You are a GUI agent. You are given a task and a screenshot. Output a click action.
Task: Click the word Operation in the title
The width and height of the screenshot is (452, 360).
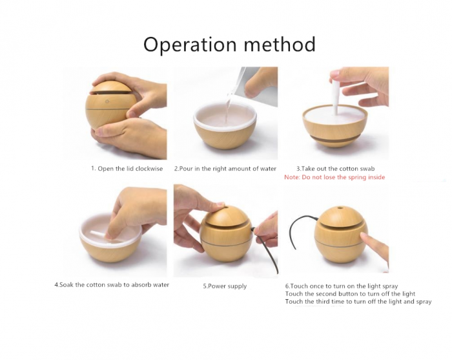pos(190,45)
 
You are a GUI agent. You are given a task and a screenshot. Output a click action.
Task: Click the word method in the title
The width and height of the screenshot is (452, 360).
pos(280,44)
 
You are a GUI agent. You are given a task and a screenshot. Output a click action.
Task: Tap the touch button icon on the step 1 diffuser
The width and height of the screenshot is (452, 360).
pos(107,101)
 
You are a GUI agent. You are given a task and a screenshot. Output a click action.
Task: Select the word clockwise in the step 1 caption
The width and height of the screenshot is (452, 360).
pos(149,169)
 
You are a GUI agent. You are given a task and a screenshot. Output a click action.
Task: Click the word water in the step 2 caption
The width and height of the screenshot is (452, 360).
pos(268,169)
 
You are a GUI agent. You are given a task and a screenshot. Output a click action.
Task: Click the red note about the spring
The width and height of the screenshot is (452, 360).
pos(334,177)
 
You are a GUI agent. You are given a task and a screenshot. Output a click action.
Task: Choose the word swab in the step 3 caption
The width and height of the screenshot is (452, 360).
pos(367,169)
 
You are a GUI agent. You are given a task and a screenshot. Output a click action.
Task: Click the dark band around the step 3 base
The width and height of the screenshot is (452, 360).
pos(335,139)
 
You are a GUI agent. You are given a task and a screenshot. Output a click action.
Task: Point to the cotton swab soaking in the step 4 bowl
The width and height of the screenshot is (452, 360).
pos(99,233)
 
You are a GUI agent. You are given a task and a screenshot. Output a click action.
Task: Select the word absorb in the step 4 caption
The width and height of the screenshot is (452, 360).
pos(141,285)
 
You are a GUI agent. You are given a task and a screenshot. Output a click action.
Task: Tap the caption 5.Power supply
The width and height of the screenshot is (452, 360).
pos(225,286)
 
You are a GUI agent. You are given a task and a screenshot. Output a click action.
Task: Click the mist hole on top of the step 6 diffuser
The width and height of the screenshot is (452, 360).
pos(341,207)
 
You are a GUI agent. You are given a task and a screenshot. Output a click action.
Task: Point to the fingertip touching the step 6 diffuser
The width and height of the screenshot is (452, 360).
pos(364,237)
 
